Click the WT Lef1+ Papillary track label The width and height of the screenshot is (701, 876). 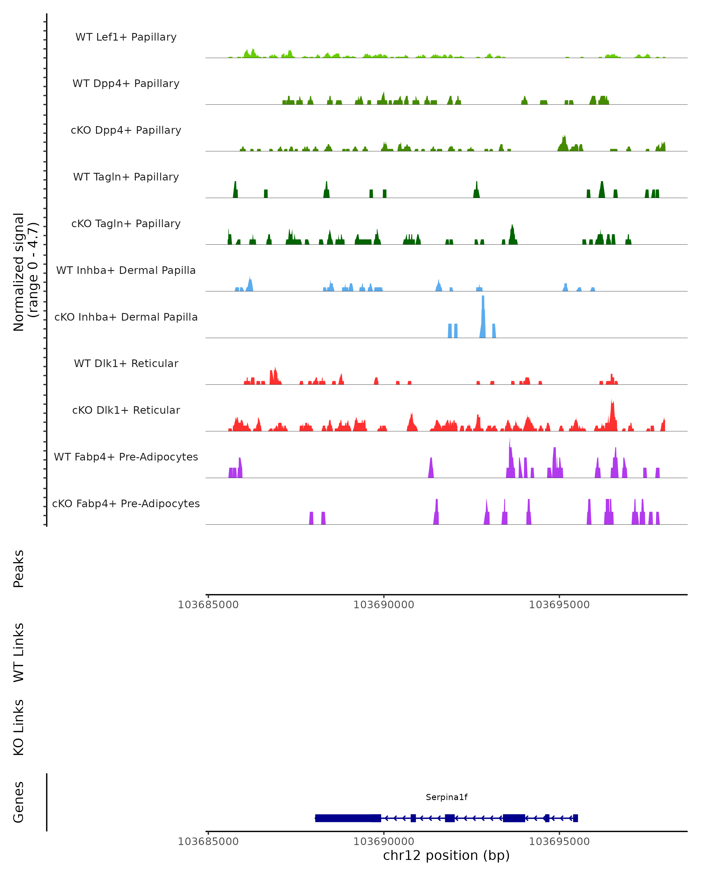(126, 37)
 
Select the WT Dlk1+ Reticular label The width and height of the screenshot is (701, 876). (126, 363)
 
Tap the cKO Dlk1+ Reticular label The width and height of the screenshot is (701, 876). (126, 410)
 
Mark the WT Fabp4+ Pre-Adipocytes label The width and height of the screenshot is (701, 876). (126, 457)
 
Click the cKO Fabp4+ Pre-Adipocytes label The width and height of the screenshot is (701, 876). (126, 503)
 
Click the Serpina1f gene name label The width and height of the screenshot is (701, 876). (446, 797)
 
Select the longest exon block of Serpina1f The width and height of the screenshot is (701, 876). (343, 818)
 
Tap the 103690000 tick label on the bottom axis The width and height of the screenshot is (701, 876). (384, 842)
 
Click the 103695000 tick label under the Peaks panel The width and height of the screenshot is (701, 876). (559, 605)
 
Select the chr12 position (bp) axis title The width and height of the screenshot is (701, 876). (446, 856)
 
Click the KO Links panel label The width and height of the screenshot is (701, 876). (19, 727)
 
